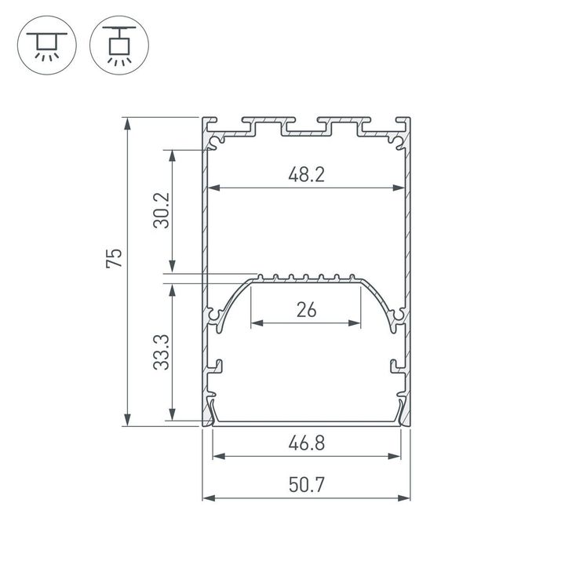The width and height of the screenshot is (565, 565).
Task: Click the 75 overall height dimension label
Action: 115,258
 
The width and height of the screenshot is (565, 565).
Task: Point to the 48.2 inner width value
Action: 306,175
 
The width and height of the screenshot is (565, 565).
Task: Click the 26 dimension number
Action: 306,309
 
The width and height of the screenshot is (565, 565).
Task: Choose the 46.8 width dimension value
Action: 306,443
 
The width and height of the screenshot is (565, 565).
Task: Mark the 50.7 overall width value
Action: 306,486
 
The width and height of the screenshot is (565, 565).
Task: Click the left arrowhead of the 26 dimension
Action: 254,322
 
